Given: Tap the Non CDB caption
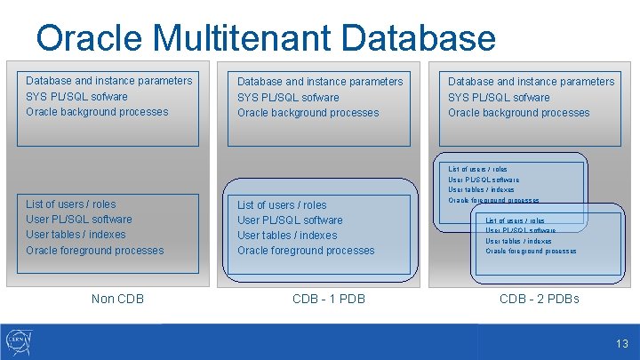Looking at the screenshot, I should click(x=117, y=299).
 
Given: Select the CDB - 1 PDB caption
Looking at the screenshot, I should click(x=329, y=299).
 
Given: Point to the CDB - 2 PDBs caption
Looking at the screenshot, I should click(x=539, y=299).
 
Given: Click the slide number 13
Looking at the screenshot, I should click(x=621, y=343).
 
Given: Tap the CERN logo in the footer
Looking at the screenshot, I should click(x=19, y=342).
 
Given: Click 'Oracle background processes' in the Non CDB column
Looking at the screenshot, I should click(x=97, y=112).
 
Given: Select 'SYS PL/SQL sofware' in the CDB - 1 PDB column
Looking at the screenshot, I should click(x=288, y=97).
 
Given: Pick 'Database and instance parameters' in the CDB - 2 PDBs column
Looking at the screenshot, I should click(x=531, y=82).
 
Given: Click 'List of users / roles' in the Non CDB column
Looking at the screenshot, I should click(x=71, y=204).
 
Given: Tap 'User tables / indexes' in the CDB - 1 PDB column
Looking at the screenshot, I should click(x=287, y=236).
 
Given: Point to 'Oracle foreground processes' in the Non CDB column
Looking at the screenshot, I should click(x=95, y=251).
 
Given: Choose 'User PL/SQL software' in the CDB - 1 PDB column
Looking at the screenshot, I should click(x=290, y=220).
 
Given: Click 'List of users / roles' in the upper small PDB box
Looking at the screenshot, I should click(x=478, y=169).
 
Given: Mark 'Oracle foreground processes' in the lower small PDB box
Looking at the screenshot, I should click(x=531, y=252).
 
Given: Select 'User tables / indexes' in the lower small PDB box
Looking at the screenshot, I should click(x=518, y=241).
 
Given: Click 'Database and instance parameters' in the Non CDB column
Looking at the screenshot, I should click(x=108, y=81).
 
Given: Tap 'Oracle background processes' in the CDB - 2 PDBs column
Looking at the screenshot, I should click(x=518, y=113).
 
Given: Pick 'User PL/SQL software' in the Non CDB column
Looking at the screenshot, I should click(x=79, y=220).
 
